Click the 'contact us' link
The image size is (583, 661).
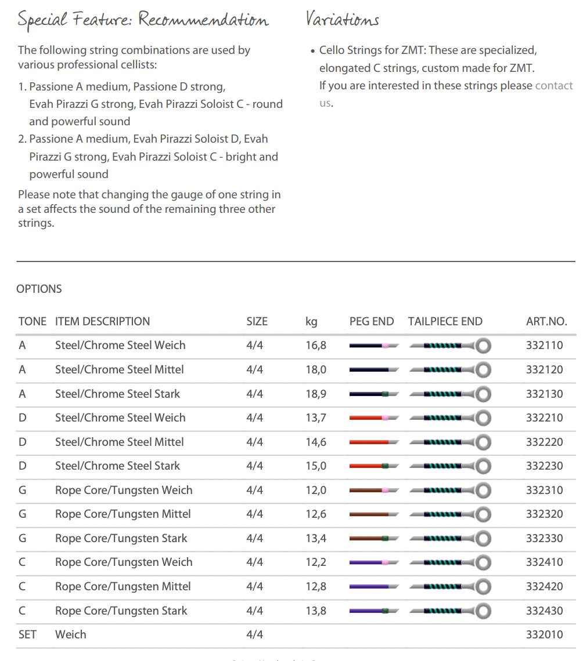tap(553, 86)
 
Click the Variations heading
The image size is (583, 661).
tap(342, 20)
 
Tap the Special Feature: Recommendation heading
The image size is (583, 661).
tap(143, 20)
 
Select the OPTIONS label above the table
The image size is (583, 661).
tap(39, 289)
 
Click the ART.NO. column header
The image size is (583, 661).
tap(546, 321)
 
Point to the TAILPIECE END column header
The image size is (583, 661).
tap(445, 321)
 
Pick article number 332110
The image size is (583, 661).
tap(544, 346)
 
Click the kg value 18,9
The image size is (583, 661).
tap(316, 394)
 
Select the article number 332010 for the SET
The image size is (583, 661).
tap(544, 635)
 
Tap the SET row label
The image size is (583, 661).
tap(27, 635)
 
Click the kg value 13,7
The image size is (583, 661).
tap(316, 418)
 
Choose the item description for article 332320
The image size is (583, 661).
tap(123, 514)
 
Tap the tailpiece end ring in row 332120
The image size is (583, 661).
tap(483, 369)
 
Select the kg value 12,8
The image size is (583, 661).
tap(316, 587)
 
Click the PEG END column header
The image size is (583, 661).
tap(371, 321)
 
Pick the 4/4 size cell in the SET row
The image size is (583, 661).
tap(254, 635)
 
